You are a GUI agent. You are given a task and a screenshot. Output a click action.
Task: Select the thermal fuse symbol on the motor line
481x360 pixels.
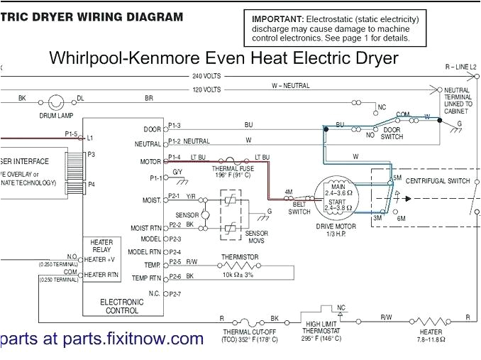pos(228,160)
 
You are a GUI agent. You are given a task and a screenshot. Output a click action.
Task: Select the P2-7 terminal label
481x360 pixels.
pos(174,293)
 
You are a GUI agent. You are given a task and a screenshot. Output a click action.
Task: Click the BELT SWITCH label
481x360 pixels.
pos(299,208)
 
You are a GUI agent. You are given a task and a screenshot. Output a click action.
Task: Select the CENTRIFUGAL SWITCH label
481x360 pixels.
pos(437,181)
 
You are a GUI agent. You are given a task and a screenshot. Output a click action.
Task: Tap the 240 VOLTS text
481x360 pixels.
pos(206,75)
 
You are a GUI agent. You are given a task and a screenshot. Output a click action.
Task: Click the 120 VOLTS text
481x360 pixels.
pos(206,89)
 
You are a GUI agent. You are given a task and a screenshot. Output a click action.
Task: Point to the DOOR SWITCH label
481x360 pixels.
pos(392,133)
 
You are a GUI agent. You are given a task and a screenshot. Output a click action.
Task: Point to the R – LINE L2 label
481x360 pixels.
pos(460,67)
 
